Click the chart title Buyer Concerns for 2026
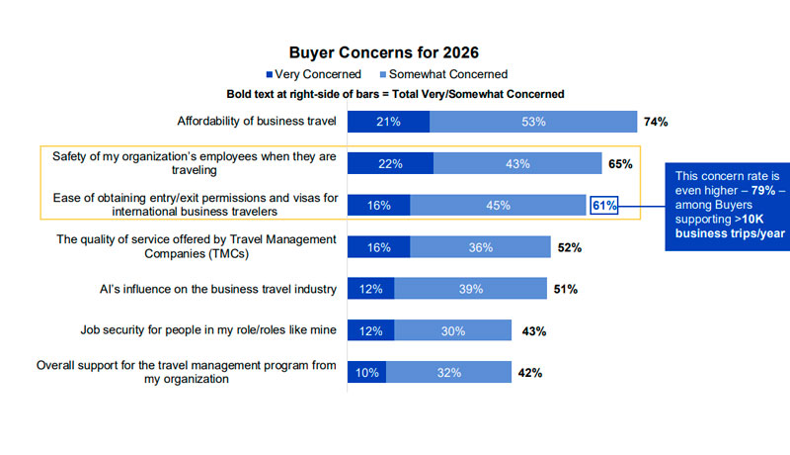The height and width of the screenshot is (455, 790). (x=396, y=52)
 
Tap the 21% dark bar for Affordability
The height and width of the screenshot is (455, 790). (x=388, y=122)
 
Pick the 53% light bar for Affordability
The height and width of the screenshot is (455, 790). (x=533, y=122)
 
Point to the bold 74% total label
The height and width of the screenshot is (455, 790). (x=656, y=123)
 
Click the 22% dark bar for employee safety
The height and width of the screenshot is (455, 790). (x=390, y=163)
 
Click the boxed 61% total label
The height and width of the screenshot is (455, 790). (x=604, y=206)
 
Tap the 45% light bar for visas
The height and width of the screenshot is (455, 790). (x=499, y=206)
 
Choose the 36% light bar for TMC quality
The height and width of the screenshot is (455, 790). (x=481, y=247)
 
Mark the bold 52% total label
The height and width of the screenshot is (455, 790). (x=570, y=248)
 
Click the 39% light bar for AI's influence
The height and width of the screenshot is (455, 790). (x=470, y=289)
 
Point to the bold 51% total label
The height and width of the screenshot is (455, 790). (x=566, y=290)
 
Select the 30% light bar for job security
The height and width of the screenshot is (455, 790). (x=453, y=330)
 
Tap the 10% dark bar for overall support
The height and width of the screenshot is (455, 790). (x=366, y=372)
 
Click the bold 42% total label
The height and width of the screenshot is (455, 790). (x=530, y=373)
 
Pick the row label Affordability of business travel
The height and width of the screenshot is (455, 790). (x=257, y=122)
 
